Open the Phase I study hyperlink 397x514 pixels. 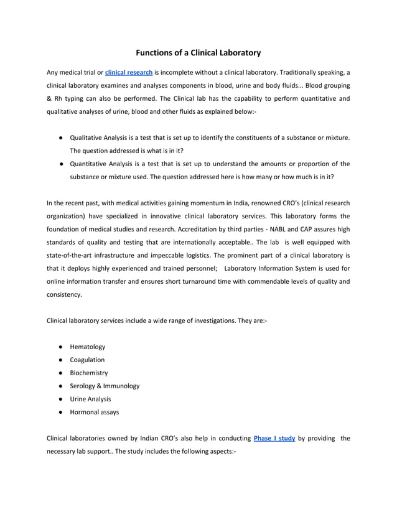274,438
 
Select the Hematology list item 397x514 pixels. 88,347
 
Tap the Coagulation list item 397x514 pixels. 87,360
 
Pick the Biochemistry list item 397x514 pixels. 89,373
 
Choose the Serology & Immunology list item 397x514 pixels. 105,386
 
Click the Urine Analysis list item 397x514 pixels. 91,399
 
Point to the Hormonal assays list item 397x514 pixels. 95,412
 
